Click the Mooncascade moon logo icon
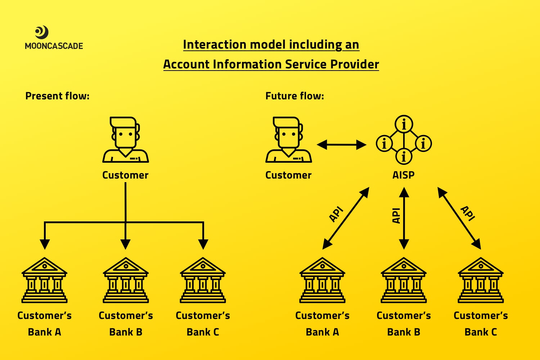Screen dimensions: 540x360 (42, 32)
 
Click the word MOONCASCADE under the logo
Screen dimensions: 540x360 (54, 46)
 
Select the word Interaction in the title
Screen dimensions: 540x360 (215, 45)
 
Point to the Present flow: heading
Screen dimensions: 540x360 (57, 96)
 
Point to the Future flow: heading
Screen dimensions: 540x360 (294, 96)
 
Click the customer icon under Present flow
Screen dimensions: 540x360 (126, 140)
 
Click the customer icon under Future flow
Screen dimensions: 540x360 (289, 140)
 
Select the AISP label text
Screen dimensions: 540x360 (404, 175)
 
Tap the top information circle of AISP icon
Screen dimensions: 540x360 (404, 124)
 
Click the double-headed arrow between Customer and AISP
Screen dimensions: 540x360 (342, 145)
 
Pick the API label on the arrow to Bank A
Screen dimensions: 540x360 (336, 214)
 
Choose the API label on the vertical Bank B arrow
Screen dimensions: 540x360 (396, 216)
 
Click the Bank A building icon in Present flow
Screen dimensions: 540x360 (44, 280)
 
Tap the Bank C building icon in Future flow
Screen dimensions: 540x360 (481, 280)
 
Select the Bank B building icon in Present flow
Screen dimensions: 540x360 (126, 280)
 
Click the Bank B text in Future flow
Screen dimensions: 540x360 (404, 332)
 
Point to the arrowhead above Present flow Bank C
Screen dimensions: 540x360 (203, 244)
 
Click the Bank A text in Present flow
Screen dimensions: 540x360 (44, 332)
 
